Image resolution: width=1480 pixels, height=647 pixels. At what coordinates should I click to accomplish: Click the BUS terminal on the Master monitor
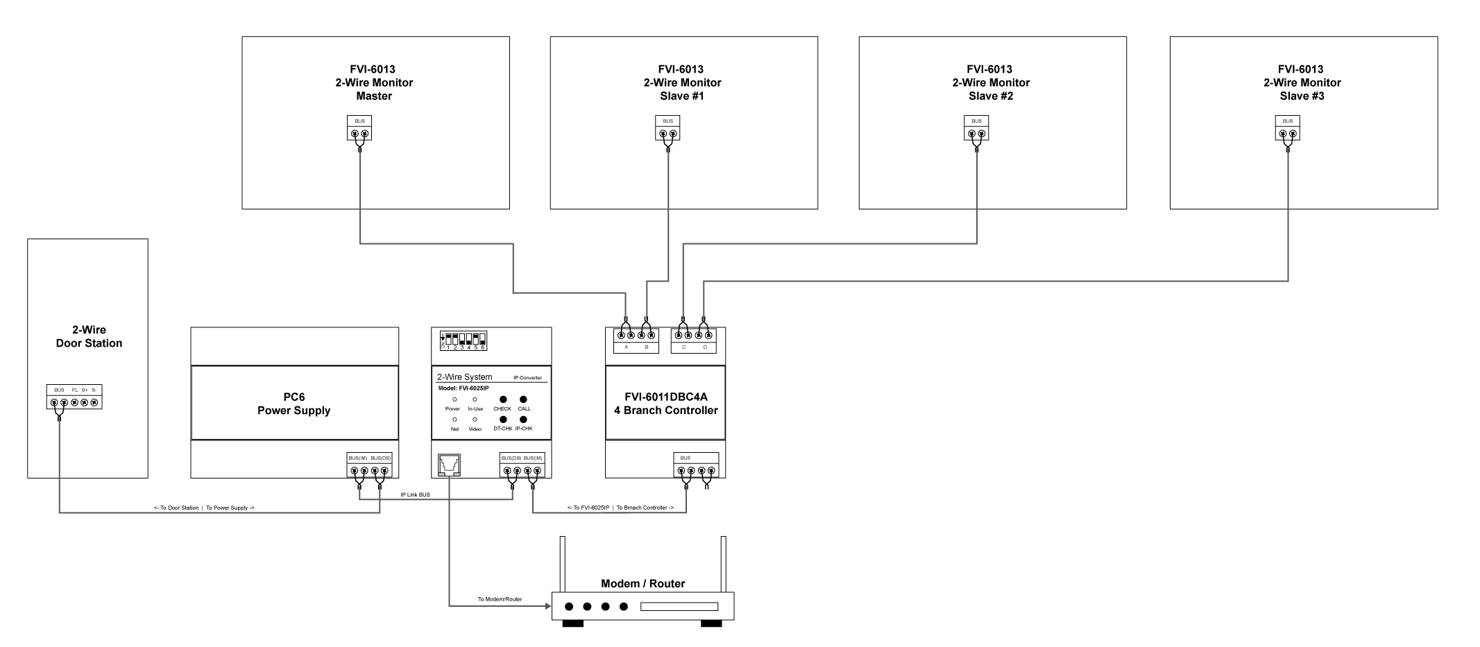coord(359,129)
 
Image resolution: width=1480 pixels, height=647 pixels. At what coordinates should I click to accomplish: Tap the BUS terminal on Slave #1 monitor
coord(667,129)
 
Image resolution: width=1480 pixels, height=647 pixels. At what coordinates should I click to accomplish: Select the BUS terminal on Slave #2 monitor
coord(976,129)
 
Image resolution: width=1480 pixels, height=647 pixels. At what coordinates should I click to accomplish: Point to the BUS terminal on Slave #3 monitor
coord(1288,129)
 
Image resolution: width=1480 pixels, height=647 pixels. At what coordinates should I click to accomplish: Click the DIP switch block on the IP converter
coord(463,340)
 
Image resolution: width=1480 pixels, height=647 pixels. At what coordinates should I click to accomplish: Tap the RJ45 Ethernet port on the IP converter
coord(449,465)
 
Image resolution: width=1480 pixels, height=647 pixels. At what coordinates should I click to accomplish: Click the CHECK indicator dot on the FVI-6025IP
coord(502,399)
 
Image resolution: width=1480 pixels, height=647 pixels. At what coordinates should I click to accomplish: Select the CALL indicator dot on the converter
coord(524,399)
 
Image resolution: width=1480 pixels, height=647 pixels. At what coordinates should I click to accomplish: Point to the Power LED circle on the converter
coord(454,399)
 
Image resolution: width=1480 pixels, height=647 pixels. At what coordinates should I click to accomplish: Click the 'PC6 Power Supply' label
coord(294,404)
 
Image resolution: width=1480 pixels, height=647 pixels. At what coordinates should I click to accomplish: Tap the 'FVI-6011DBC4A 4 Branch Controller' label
coord(665,404)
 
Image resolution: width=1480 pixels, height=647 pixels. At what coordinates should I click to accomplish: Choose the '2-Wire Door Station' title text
coord(89,336)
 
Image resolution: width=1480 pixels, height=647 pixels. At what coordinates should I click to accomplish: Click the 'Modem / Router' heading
coord(643,583)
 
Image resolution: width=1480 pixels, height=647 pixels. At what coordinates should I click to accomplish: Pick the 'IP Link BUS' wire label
coord(415,495)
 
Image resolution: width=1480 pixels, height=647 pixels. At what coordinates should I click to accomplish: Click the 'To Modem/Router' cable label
coord(500,599)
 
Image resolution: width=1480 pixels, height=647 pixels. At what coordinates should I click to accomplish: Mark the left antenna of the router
coord(563,564)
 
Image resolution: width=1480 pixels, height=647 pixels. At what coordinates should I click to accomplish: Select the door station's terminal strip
coord(74,397)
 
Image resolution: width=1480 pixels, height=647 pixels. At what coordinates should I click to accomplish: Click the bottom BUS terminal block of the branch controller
coord(696,466)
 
